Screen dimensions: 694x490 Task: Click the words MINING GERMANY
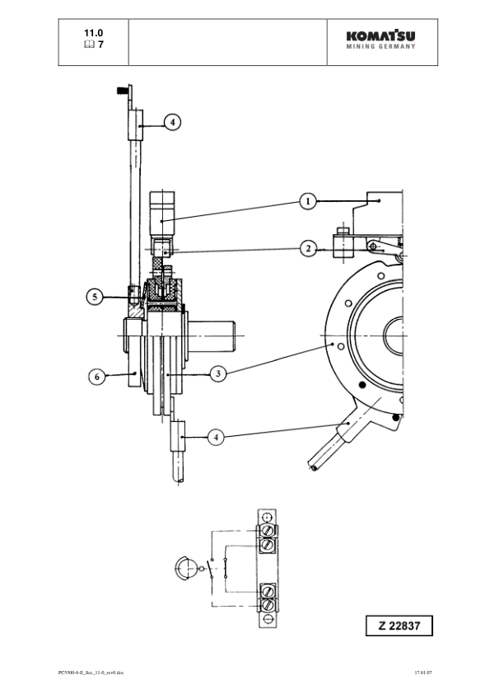[380, 47]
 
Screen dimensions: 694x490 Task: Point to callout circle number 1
[306, 200]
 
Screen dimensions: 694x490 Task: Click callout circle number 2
[306, 247]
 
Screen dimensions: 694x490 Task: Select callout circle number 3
[217, 374]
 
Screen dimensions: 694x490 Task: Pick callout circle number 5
[96, 296]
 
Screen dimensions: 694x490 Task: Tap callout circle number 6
[96, 376]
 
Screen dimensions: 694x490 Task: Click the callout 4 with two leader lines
[216, 437]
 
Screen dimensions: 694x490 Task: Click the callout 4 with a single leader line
[171, 122]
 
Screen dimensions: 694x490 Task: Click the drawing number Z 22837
[399, 626]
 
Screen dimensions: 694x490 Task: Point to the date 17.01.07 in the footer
[423, 673]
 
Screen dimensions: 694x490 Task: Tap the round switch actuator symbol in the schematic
[186, 569]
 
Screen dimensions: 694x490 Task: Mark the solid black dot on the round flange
[397, 419]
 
